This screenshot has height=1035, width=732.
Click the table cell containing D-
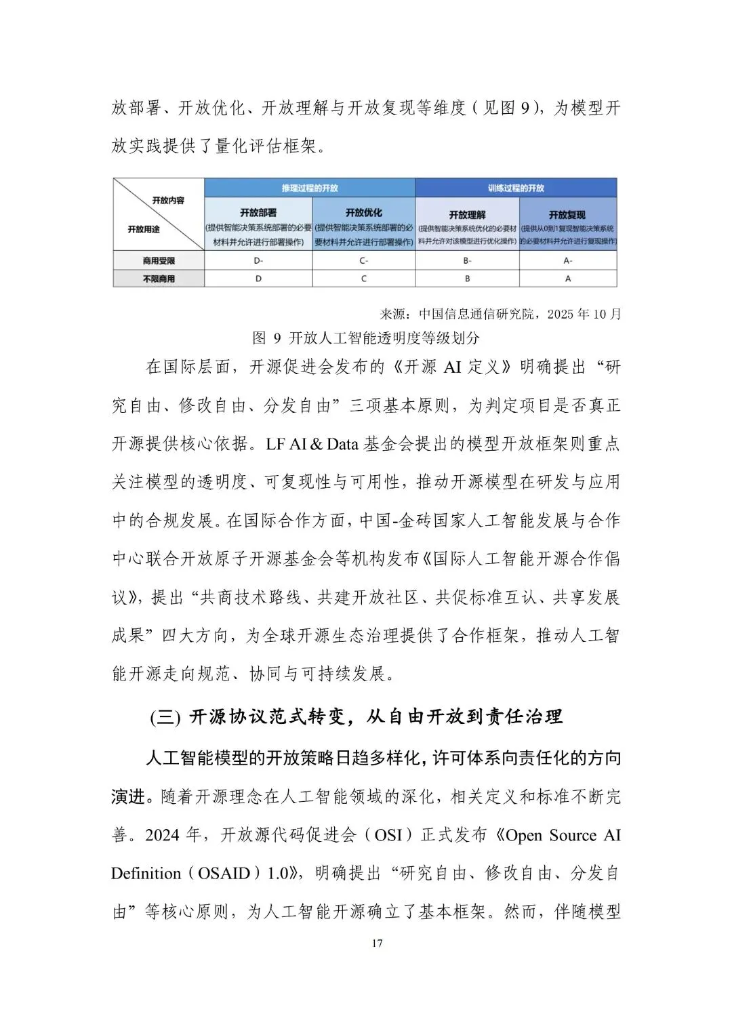[x=258, y=261]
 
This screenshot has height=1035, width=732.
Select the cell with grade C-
[x=364, y=261]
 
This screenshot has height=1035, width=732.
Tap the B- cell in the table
[x=467, y=261]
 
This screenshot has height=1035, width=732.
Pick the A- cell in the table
[x=568, y=261]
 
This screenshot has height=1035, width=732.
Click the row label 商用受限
[x=159, y=261]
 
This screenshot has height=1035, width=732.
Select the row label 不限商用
[x=159, y=279]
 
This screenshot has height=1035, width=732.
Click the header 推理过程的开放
[x=310, y=188]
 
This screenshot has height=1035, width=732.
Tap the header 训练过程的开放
[x=516, y=188]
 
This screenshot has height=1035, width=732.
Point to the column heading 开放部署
[x=258, y=213]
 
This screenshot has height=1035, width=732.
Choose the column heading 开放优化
[x=364, y=213]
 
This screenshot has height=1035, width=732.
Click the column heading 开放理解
[x=467, y=215]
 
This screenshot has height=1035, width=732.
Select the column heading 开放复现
[x=568, y=215]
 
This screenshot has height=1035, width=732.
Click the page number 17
[x=378, y=943]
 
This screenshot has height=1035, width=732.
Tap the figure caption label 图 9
[x=266, y=338]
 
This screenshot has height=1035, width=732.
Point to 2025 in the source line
[x=560, y=314]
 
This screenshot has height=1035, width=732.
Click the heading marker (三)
[x=165, y=718]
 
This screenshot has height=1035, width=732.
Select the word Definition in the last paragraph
[x=146, y=874]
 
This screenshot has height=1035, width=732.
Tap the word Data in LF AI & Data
[x=343, y=445]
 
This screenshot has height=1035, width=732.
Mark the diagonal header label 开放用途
[x=144, y=230]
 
